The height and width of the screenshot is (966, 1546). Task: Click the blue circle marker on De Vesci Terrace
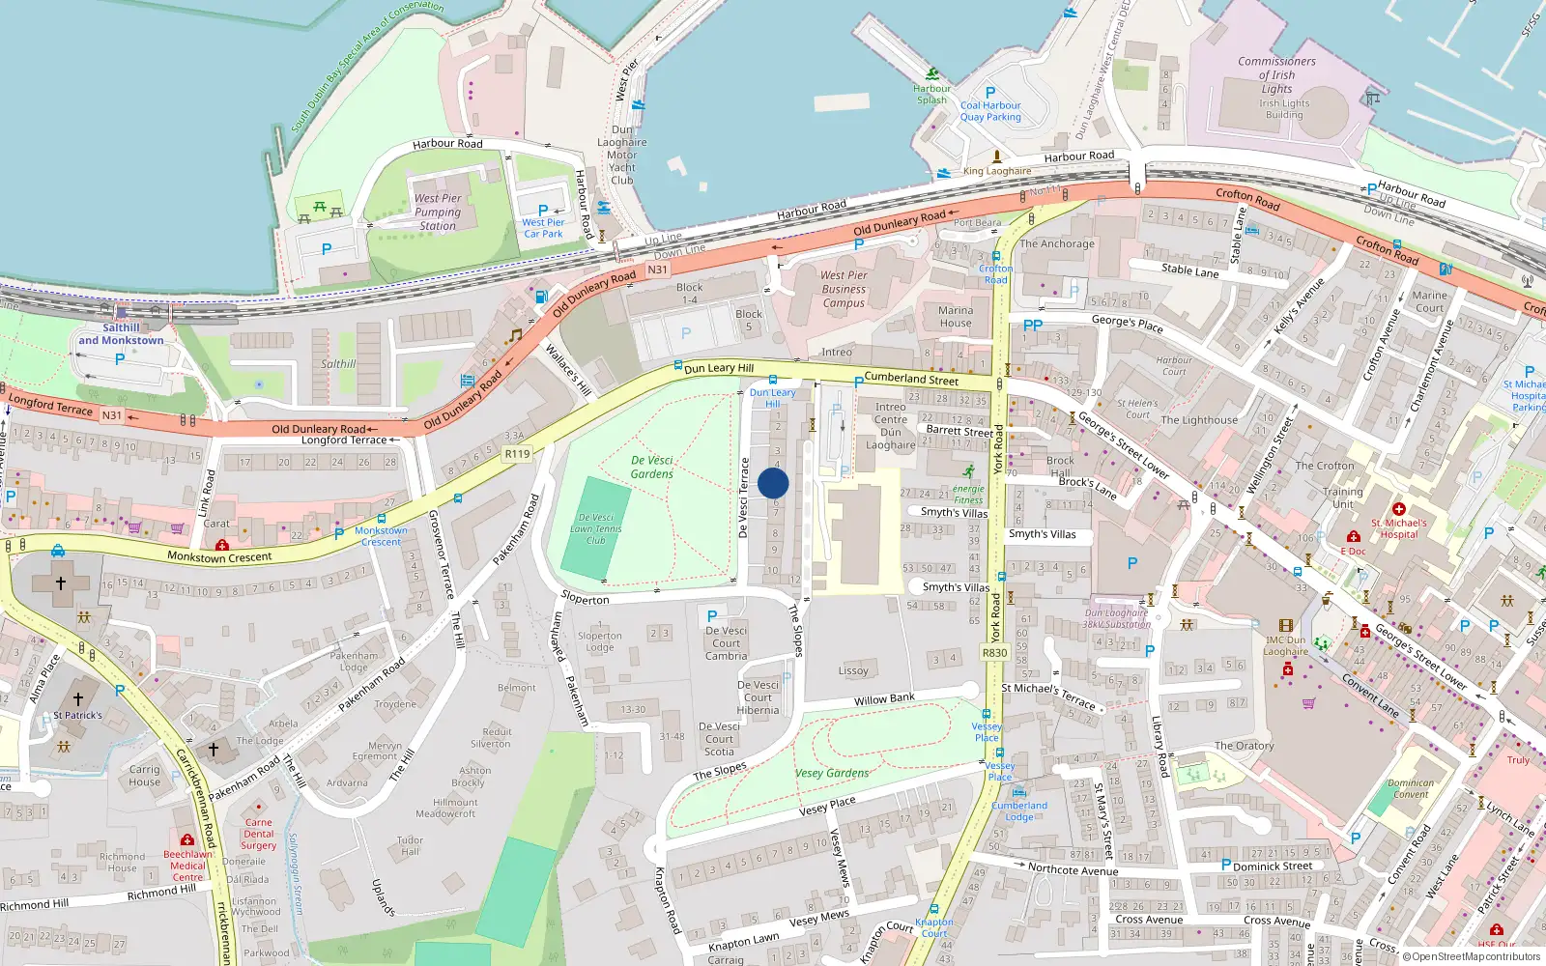tap(773, 483)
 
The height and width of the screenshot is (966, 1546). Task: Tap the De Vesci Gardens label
tap(652, 467)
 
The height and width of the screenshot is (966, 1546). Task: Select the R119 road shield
tap(517, 453)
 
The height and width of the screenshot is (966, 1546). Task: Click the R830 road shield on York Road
tap(994, 653)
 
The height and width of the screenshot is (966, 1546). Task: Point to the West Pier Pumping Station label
tap(438, 212)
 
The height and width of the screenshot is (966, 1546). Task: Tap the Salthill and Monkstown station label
tap(121, 334)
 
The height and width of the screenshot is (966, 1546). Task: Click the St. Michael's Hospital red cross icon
tap(1398, 508)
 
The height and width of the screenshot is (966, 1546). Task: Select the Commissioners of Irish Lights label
tap(1276, 74)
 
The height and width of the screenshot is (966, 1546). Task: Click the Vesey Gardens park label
tap(832, 773)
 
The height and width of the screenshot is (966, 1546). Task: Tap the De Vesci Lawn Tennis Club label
tap(596, 528)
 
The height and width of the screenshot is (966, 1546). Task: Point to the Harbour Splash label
tap(931, 94)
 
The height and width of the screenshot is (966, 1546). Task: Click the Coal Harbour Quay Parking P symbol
tap(990, 93)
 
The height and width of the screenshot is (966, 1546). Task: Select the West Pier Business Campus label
tap(844, 289)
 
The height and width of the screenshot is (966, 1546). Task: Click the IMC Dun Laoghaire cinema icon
tap(1285, 626)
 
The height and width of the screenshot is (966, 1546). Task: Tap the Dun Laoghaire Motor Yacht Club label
tap(622, 155)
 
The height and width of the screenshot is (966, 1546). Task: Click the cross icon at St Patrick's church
tap(78, 698)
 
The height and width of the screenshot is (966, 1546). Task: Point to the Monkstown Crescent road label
tap(219, 556)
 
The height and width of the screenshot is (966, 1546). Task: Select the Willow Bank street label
tap(884, 698)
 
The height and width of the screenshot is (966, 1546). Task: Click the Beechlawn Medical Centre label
tap(187, 866)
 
